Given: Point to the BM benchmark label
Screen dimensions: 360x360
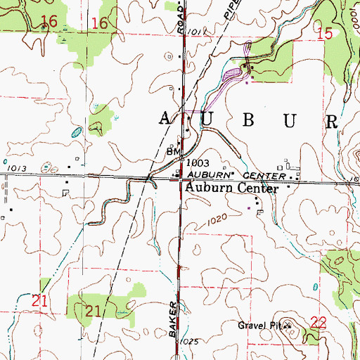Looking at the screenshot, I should tap(172, 151).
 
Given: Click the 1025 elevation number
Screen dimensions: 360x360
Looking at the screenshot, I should tap(188, 341).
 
